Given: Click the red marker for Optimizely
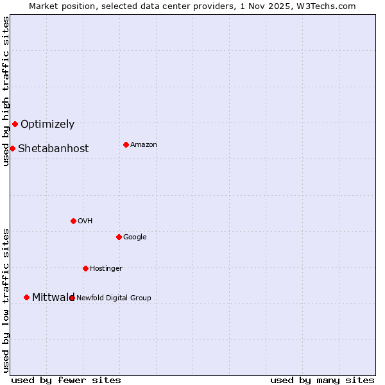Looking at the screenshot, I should pyautogui.click(x=15, y=124).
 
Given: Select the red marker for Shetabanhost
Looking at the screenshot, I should pyautogui.click(x=12, y=148).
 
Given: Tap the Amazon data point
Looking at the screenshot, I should pyautogui.click(x=126, y=144).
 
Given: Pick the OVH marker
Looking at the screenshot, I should pyautogui.click(x=73, y=221).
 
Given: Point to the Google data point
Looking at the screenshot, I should pyautogui.click(x=119, y=237).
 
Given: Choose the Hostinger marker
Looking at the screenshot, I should pyautogui.click(x=85, y=268).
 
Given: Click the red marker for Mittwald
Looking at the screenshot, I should pyautogui.click(x=26, y=297).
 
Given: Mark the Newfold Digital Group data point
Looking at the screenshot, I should pyautogui.click(x=72, y=298).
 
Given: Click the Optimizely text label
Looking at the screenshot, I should pyautogui.click(x=47, y=124).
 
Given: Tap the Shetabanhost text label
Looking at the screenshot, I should pyautogui.click(x=53, y=149).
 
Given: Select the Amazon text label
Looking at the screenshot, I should pyautogui.click(x=144, y=145).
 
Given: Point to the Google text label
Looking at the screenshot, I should pyautogui.click(x=135, y=237).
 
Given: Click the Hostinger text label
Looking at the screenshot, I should pyautogui.click(x=106, y=269).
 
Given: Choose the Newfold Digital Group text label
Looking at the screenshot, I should pyautogui.click(x=114, y=298).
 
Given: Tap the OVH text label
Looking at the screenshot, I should pyautogui.click(x=85, y=221).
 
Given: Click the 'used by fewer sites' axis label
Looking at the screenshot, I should pyautogui.click(x=66, y=381).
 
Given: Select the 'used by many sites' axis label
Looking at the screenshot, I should pyautogui.click(x=322, y=381).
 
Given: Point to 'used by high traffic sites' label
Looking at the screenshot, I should pyautogui.click(x=6, y=91).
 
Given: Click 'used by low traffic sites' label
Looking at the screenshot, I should pyautogui.click(x=6, y=300).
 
